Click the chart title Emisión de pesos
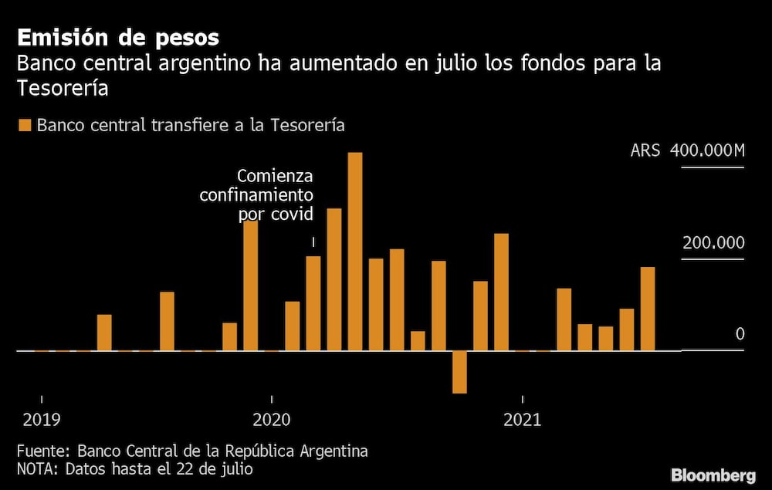118,37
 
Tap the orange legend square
25,125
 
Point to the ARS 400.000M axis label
687,150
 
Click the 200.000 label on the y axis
713,243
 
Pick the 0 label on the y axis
740,334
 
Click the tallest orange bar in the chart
355,252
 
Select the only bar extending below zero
459,372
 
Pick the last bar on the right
648,309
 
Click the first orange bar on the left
104,333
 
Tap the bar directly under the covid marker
313,303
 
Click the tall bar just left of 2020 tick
250,286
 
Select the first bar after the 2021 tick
564,319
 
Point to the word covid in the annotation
292,214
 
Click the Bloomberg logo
713,475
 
